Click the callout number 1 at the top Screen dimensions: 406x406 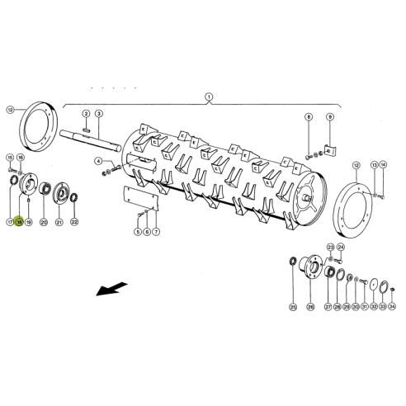209,96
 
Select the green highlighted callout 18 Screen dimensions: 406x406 18,223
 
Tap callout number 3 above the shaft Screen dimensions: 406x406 98,112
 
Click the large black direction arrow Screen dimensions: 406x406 111,289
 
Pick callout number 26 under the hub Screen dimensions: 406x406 310,307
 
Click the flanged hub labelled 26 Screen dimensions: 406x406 310,270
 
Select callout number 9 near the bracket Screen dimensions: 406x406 329,117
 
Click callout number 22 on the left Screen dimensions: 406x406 73,223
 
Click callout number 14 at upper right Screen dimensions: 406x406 383,164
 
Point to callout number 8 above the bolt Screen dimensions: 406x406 308,117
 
